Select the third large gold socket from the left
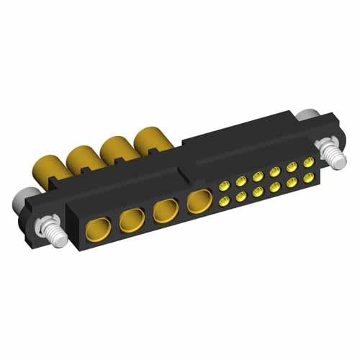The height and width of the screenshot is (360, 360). pos(165,212)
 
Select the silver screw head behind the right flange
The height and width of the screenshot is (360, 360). pos(307,115)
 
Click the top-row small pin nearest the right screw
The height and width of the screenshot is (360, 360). pos(308,163)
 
